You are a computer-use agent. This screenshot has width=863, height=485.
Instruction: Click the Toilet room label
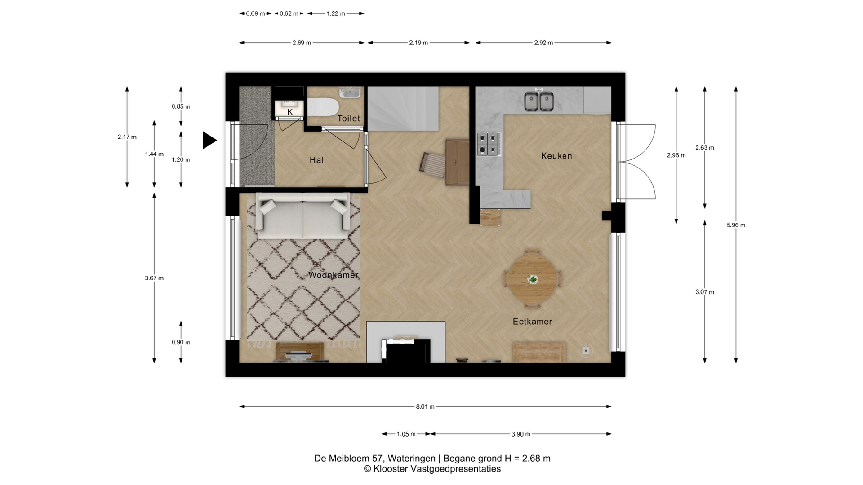349,119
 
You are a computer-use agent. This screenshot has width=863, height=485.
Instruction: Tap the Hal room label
316,160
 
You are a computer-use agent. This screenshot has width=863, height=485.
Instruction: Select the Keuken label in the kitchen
556,156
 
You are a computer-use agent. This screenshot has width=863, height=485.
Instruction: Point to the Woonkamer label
334,275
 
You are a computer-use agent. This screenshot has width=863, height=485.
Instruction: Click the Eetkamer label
532,322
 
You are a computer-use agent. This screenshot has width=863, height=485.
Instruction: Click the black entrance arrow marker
209,140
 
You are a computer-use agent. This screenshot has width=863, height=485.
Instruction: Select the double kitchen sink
539,101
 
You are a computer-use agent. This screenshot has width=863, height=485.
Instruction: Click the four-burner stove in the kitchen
489,144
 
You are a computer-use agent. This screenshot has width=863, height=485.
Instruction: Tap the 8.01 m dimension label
425,407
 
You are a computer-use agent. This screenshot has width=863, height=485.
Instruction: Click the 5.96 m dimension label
736,225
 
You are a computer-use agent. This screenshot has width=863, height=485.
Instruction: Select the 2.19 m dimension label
418,43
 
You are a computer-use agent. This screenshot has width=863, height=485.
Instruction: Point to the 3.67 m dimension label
154,278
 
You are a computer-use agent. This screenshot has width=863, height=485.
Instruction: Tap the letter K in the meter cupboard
290,112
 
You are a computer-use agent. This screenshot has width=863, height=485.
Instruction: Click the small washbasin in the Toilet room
350,93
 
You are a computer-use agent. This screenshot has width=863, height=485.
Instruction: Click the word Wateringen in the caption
411,459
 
